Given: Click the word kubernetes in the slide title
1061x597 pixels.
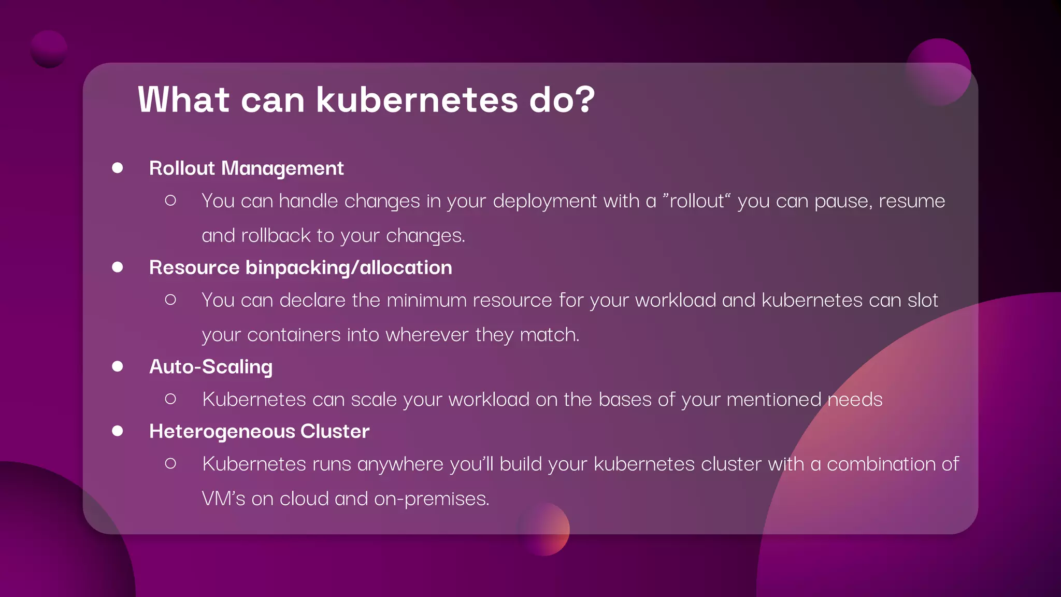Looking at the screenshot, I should click(x=417, y=99).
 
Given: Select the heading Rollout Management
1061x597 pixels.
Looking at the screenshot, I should click(x=246, y=168).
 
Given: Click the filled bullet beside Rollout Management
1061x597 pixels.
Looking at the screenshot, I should click(x=118, y=168).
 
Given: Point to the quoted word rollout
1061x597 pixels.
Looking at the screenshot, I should click(x=696, y=201).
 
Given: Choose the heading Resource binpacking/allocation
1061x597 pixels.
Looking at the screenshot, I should click(x=300, y=267).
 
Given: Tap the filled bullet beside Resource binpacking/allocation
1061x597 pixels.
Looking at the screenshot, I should click(x=118, y=267).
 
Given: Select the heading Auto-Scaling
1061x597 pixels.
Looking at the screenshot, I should click(x=211, y=367).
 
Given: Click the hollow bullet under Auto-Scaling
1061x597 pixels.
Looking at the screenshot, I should click(x=170, y=399).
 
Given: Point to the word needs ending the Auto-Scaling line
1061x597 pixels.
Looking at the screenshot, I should click(x=854, y=400).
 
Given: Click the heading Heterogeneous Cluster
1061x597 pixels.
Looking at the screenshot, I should click(x=259, y=432).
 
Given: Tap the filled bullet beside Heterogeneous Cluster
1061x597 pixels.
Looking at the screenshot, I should click(x=118, y=431).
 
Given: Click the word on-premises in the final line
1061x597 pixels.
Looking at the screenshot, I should click(x=431, y=499).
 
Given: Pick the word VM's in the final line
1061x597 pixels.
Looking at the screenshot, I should click(x=223, y=499).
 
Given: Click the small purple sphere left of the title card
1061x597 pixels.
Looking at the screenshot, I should click(x=49, y=49).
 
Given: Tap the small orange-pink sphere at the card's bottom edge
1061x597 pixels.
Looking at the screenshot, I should click(x=544, y=529).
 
